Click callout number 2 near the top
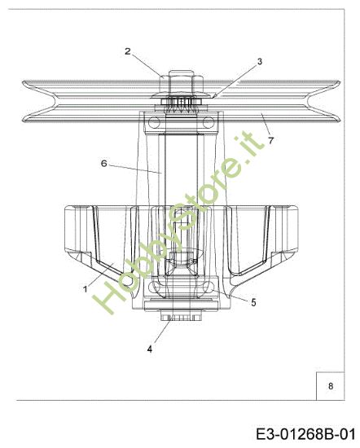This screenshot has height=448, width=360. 128,51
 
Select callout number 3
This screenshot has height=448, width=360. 259,61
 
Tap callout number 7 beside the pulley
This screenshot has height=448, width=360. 270,139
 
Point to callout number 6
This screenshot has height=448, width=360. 104,163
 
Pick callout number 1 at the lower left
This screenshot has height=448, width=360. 85,288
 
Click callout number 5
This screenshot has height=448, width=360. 253,301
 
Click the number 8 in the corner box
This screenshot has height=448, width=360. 330,386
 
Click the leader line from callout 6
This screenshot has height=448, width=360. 134,169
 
